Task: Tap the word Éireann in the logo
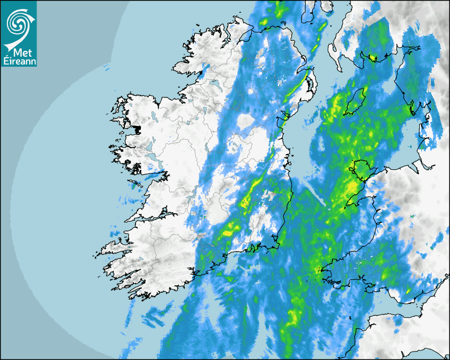[x=19, y=61]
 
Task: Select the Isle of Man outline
[x=355, y=102]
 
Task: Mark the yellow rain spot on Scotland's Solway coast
[x=373, y=57]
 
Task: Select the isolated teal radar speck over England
[x=412, y=217]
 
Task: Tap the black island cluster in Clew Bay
[x=139, y=129]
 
